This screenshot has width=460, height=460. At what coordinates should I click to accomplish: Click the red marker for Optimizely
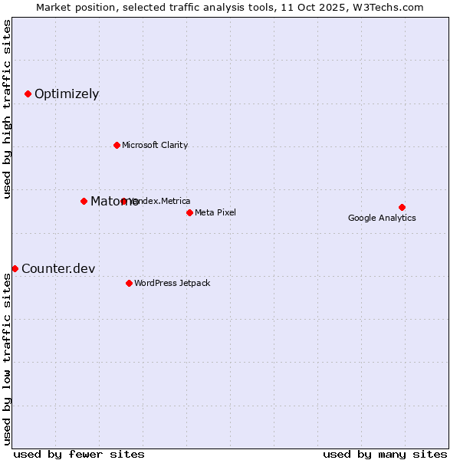pos(28,94)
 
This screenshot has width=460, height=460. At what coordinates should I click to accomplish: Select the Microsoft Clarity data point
pos(117,145)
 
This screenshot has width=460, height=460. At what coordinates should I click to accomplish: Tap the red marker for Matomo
pos(84,201)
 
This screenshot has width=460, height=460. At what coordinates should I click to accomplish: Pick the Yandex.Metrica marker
pos(123,201)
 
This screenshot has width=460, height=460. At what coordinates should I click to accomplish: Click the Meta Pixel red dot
pos(189,212)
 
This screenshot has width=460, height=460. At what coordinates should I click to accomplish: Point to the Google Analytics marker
pos(402,207)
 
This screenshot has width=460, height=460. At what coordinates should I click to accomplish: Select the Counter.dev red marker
pos(15,268)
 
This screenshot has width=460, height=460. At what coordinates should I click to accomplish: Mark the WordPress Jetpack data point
pos(129,283)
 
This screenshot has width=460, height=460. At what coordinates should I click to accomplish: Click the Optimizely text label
pos(67,94)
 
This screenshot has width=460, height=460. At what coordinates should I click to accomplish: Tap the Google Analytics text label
pos(382,218)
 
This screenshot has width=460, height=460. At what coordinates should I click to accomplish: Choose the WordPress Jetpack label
pos(172,284)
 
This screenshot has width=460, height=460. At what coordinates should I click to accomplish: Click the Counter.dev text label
pos(58,268)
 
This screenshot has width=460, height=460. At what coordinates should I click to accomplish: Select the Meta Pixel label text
pos(215,212)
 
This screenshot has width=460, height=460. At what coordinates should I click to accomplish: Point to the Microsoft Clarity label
pos(155,146)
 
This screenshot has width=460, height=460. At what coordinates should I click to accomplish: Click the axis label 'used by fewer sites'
pos(79,454)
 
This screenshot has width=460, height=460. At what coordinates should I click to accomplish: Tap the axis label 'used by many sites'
pos(385,454)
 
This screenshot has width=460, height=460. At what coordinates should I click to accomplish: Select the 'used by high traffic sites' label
pos(7,110)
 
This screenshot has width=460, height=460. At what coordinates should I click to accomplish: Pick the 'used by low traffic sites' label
pos(7,358)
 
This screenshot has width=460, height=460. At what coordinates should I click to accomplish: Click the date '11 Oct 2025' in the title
pos(314,7)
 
